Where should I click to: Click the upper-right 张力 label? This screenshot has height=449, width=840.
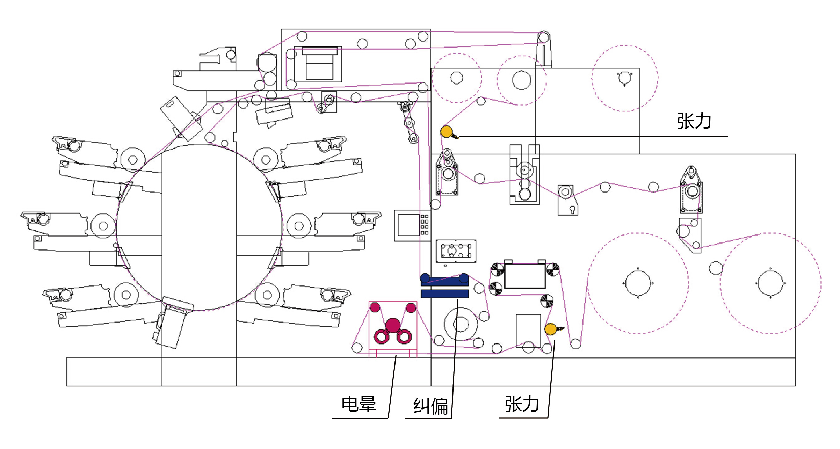pos(694,121)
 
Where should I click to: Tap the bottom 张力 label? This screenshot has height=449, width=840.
pos(522,404)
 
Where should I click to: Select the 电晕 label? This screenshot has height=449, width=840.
pos(359,404)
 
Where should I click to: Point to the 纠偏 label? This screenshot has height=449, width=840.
pos(430,406)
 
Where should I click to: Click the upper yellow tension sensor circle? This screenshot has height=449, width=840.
pos(447,132)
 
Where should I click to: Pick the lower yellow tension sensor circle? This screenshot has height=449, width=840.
pos(551,329)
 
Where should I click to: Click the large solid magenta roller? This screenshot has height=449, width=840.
pos(393,325)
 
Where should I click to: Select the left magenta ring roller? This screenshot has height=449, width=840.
pos(381,337)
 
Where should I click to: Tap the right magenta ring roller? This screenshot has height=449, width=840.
pos(404,337)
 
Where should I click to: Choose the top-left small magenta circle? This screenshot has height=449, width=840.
pos(375,307)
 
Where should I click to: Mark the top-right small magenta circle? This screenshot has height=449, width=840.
pos(411,308)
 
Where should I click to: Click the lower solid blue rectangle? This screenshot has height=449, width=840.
pos(444,294)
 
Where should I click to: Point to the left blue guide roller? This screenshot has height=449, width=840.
pos(425,278)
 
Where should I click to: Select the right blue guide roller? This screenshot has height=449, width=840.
pos(464,278)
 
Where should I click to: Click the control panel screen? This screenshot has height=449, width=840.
pos(408,225)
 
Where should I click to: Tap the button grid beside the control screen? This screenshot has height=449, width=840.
pos(425,225)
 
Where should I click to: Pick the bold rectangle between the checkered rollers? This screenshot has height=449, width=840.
pos(525,276)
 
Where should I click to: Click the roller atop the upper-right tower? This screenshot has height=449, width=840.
pos(544,37)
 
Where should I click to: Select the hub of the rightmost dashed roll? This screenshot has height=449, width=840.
pos(770,283)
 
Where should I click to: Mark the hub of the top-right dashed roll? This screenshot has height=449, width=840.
pos(625,78)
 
